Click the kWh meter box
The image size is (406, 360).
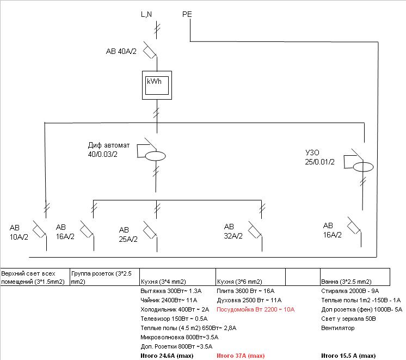click(157, 86)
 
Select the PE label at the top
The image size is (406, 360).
click(187, 14)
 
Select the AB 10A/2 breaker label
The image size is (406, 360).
click(20, 231)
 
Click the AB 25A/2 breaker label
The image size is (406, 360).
click(128, 234)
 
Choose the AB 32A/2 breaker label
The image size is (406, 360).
click(234, 231)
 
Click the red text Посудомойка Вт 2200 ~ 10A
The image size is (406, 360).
click(255, 309)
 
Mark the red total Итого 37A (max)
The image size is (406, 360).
click(241, 356)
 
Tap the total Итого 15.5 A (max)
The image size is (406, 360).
click(348, 356)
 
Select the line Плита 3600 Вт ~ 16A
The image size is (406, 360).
click(245, 291)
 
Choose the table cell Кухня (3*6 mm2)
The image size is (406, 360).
click(239, 282)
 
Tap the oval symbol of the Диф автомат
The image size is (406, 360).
click(156, 156)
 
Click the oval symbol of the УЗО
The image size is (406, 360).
click(363, 166)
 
